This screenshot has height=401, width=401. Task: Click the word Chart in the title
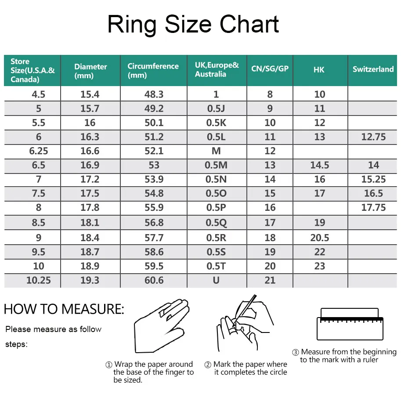249,24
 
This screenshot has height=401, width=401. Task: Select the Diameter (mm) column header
90,71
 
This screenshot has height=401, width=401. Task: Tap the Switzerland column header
373,69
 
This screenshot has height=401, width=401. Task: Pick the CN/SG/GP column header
270,69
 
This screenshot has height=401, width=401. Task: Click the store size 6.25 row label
39,151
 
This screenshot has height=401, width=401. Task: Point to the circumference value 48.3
154,94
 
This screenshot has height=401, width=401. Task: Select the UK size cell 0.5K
216,123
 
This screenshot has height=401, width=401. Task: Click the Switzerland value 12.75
373,137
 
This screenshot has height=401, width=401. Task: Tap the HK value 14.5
320,165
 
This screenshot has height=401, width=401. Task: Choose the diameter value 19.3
90,280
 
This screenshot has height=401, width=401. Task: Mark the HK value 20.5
320,238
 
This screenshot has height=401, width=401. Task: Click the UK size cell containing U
216,280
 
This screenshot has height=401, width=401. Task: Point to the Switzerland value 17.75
373,207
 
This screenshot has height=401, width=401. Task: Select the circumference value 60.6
154,280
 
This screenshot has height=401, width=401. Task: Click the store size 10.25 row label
39,280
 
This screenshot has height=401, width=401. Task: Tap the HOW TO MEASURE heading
64,309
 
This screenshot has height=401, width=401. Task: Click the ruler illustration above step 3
350,324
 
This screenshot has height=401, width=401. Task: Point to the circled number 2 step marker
208,365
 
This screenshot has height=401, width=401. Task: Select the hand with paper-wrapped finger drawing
162,325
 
